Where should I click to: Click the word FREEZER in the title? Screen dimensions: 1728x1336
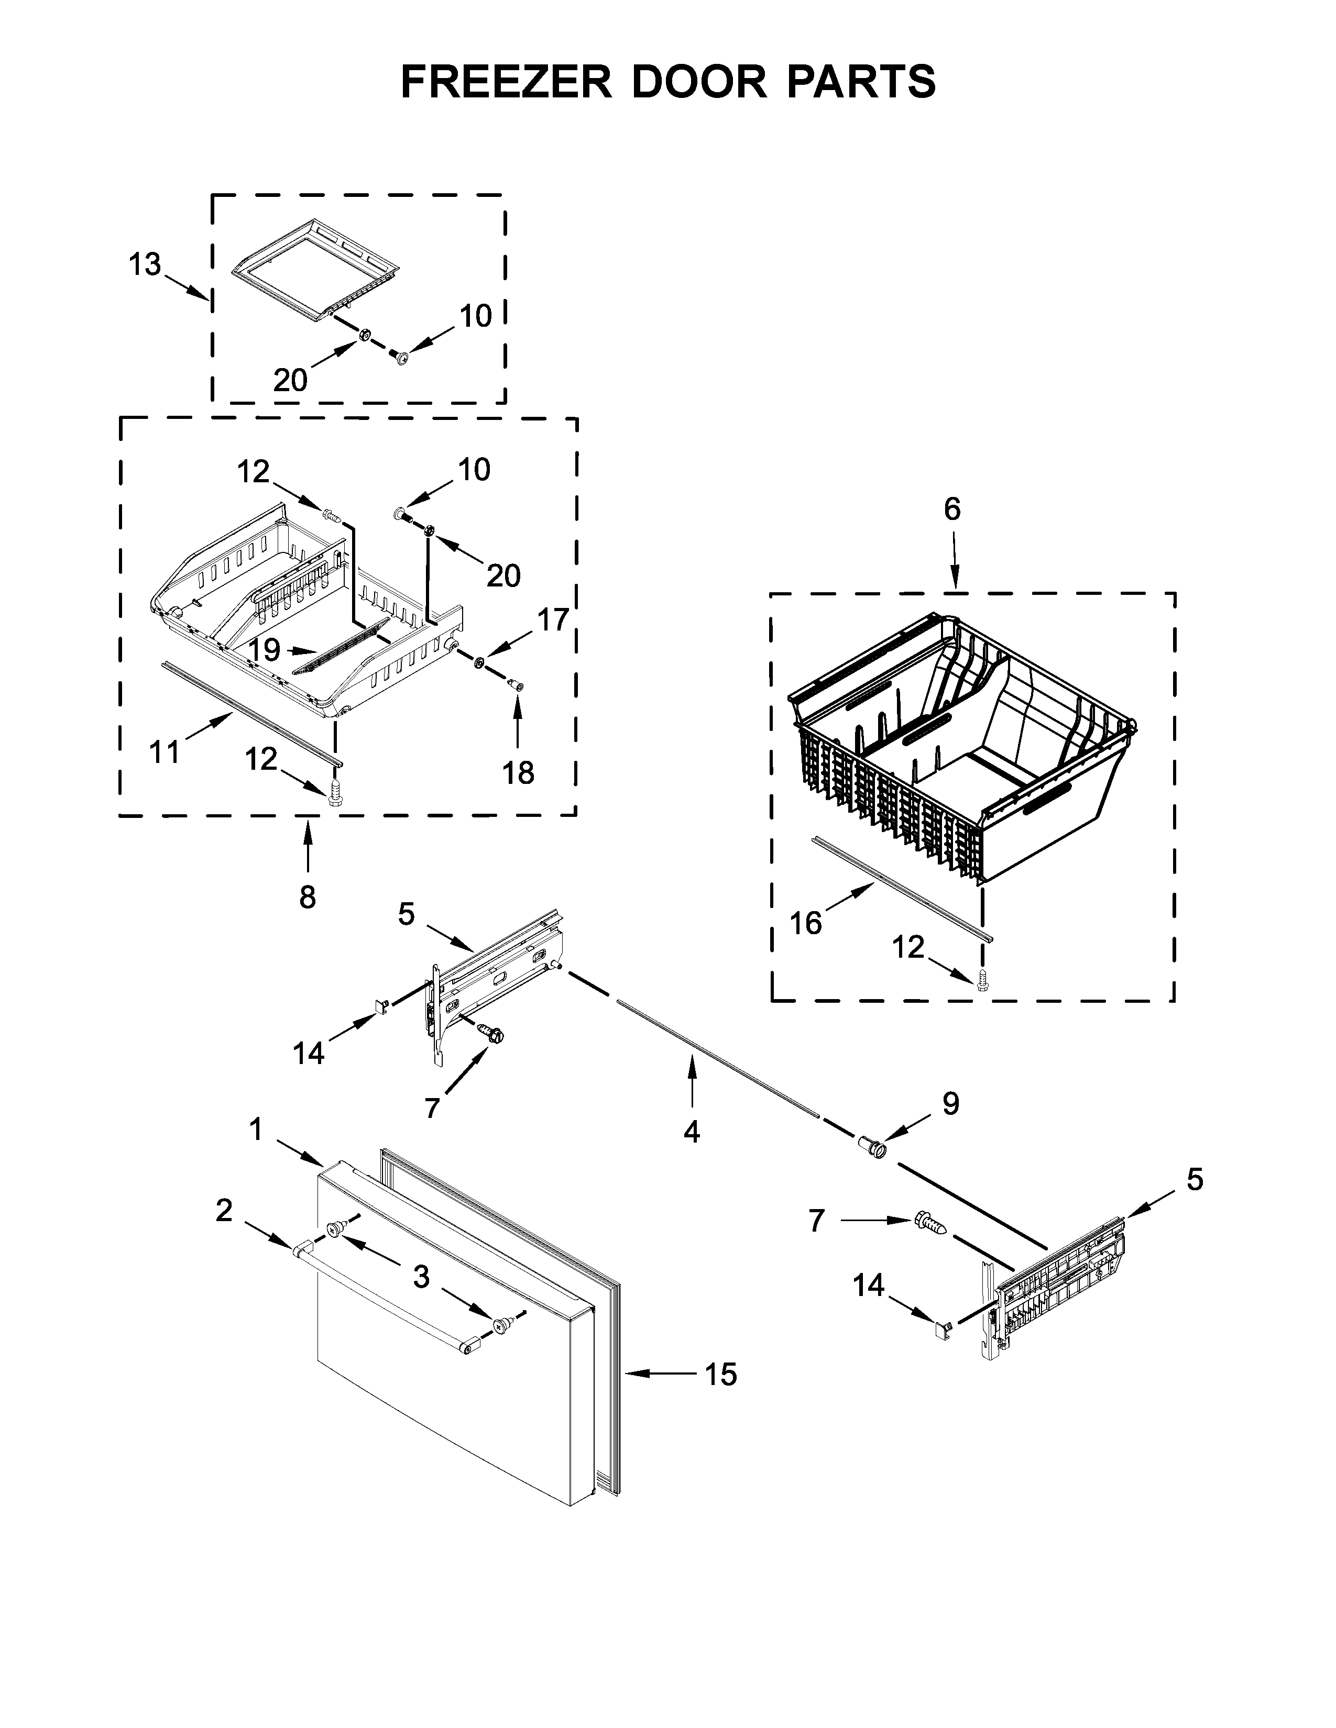[507, 82]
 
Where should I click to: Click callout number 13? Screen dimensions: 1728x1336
[145, 264]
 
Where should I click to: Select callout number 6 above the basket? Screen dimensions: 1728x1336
[952, 509]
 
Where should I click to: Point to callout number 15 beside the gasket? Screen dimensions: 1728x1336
[721, 1375]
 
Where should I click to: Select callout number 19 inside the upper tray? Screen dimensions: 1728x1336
[265, 650]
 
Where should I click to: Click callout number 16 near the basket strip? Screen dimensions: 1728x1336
[806, 923]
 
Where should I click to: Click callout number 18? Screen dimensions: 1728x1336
[518, 772]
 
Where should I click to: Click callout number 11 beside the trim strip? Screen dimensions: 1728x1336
[165, 751]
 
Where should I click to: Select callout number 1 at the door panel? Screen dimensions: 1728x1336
[256, 1130]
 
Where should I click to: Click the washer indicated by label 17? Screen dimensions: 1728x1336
[479, 661]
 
